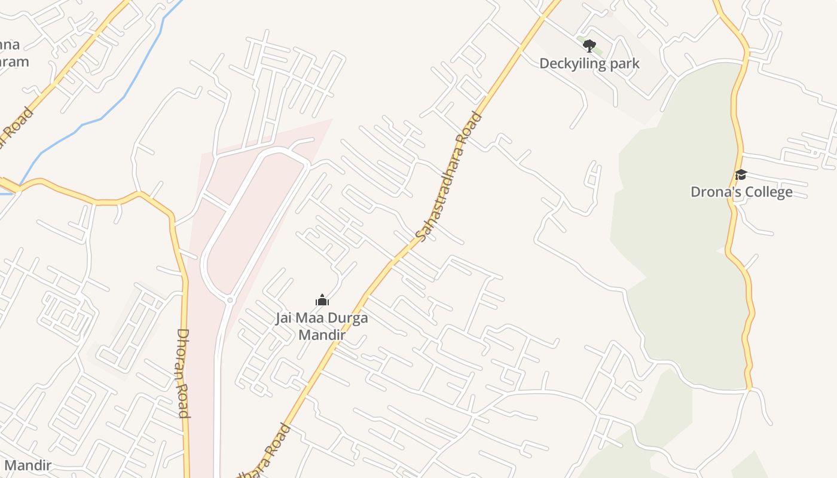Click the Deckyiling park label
(589, 63)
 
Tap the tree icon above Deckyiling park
(589, 45)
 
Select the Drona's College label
(741, 192)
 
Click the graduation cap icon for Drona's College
(741, 174)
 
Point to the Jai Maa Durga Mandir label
(322, 326)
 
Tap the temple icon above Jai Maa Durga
(322, 301)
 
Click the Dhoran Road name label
(183, 373)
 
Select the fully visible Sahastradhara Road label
(449, 177)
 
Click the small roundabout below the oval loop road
(230, 300)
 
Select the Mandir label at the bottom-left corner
(28, 465)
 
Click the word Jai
(285, 318)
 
